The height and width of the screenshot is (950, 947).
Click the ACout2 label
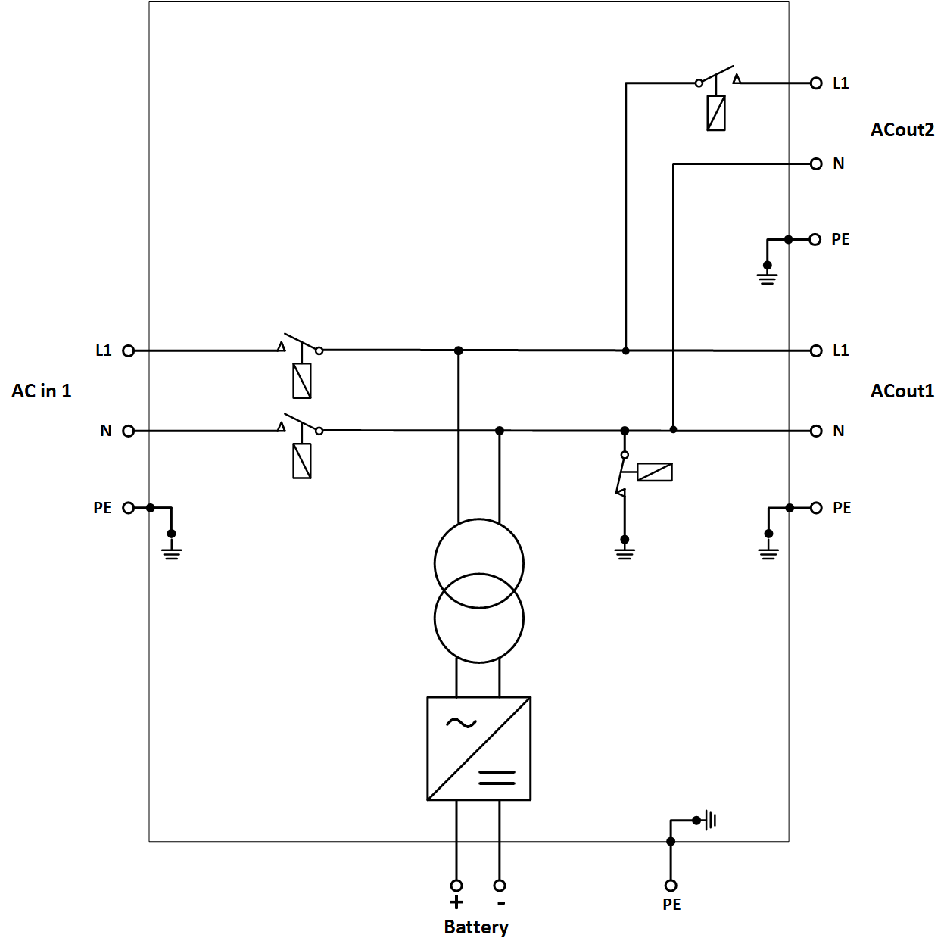click(902, 130)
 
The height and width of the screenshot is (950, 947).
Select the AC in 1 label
click(42, 391)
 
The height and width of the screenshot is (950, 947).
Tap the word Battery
click(476, 927)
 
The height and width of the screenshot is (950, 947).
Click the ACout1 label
click(902, 391)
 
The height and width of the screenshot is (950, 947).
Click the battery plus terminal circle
click(456, 885)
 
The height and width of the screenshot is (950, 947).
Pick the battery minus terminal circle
click(500, 885)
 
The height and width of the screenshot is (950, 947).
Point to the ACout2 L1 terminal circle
click(816, 83)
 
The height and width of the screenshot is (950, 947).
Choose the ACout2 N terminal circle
click(816, 164)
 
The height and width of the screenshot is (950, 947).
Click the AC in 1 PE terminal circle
click(129, 508)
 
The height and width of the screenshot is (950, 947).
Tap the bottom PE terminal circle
click(671, 885)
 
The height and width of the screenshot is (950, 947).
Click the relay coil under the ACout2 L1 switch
click(716, 114)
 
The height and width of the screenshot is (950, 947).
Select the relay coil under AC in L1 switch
click(302, 381)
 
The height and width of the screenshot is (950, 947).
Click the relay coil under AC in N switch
click(302, 461)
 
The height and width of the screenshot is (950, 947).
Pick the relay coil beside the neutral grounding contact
click(655, 472)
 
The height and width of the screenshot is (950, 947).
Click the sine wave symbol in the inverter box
click(461, 723)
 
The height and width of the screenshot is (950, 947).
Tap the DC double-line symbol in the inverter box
click(497, 777)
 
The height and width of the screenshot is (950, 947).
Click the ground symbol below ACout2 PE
click(767, 277)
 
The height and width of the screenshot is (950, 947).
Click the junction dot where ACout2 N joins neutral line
click(673, 430)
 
